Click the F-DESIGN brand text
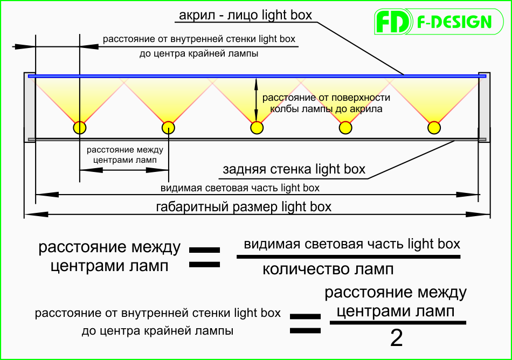pyautogui.click(x=454, y=22)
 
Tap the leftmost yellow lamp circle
pyautogui.click(x=80, y=128)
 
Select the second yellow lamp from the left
pyautogui.click(x=168, y=128)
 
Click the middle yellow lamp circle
pyautogui.click(x=257, y=128)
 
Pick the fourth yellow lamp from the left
pyautogui.click(x=345, y=128)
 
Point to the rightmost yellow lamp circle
pyautogui.click(x=434, y=128)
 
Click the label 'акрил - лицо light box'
pyautogui.click(x=246, y=15)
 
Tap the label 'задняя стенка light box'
pyautogui.click(x=294, y=169)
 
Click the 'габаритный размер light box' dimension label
pyautogui.click(x=244, y=206)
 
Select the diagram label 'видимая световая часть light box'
pyautogui.click(x=240, y=188)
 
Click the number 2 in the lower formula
pyautogui.click(x=397, y=338)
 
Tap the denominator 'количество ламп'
pyautogui.click(x=328, y=269)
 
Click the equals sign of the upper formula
pyautogui.click(x=204, y=258)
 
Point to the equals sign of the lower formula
pyautogui.click(x=305, y=323)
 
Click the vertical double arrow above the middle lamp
pyautogui.click(x=257, y=100)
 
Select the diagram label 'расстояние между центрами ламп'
pyautogui.click(x=124, y=155)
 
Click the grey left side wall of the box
pyautogui.click(x=30, y=107)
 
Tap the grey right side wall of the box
pyautogui.click(x=485, y=107)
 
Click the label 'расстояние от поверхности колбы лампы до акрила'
pyautogui.click(x=326, y=103)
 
